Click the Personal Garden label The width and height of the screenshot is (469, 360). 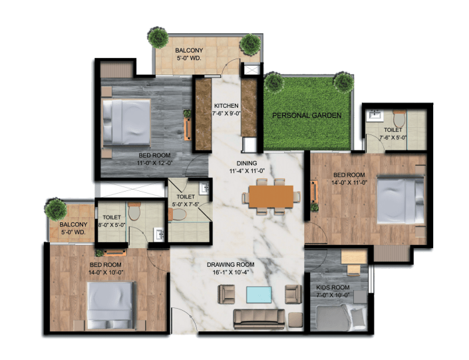(x=307, y=115)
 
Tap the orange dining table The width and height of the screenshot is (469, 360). (x=271, y=196)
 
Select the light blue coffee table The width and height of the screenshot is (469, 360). (x=259, y=295)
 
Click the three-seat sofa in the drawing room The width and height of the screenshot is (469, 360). (x=259, y=319)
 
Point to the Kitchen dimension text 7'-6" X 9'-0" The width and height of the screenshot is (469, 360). (x=226, y=113)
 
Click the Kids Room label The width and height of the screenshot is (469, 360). (x=333, y=287)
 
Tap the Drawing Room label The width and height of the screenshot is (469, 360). (x=231, y=265)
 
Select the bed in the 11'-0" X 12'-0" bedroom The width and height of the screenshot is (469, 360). (x=126, y=122)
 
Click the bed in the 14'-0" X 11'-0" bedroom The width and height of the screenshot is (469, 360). (x=400, y=200)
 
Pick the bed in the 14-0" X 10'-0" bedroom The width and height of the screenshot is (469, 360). (x=110, y=305)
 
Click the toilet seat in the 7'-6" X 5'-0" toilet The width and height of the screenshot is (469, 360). (x=399, y=119)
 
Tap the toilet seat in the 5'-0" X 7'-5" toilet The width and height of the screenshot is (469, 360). (x=178, y=214)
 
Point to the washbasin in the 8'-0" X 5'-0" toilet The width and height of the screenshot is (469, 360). (x=159, y=234)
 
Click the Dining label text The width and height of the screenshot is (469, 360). (x=247, y=163)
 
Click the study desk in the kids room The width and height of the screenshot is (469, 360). (x=354, y=258)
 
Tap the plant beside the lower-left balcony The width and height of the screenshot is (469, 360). (x=56, y=209)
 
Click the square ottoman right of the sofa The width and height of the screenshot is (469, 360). (x=295, y=319)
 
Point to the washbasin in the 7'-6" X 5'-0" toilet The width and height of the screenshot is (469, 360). (x=375, y=116)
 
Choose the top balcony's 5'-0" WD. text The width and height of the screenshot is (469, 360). (x=189, y=59)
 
